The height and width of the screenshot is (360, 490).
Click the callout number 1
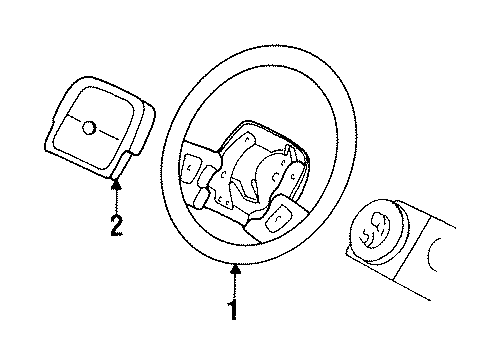tap(233, 310)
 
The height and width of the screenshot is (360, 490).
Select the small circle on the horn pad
tap(90, 128)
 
